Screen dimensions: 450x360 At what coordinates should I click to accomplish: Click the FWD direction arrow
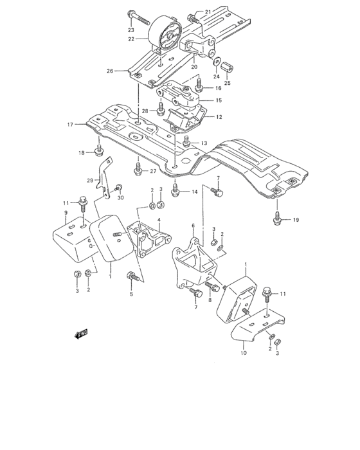81,334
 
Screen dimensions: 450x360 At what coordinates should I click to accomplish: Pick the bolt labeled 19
276,219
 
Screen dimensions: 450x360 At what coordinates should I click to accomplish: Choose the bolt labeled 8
208,288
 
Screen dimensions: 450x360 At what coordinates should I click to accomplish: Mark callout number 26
109,71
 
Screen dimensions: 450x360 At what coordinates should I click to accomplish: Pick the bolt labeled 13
187,139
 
